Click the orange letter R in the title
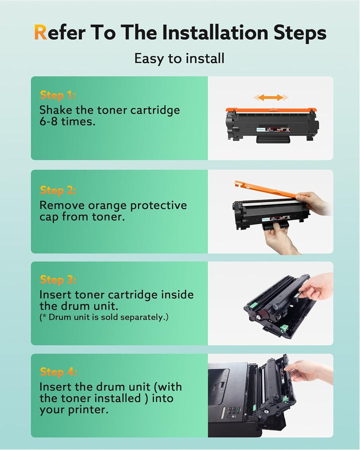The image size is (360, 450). coord(40,32)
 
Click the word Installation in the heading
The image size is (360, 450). coord(215,32)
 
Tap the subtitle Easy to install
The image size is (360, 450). coord(179,58)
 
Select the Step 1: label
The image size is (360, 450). coord(57,95)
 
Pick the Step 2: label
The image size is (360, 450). coord(58,190)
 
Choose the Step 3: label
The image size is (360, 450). coord(58,279)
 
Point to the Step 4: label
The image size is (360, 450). coord(58,371)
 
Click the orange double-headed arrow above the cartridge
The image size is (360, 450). coord(270,97)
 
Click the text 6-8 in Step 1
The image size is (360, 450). coord(48,121)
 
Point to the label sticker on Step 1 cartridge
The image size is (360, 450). coord(273,129)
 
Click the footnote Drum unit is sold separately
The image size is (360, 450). coord(104,317)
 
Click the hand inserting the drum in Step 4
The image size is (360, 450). coord(307,370)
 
